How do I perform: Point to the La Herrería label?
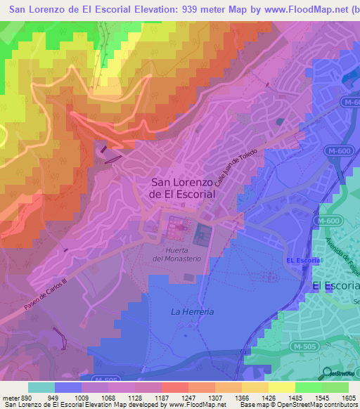(193, 311)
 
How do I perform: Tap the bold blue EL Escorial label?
(304, 261)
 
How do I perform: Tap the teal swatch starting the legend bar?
(41, 387)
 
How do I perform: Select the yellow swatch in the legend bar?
(282, 387)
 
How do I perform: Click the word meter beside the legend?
(11, 397)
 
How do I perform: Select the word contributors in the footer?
(340, 405)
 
